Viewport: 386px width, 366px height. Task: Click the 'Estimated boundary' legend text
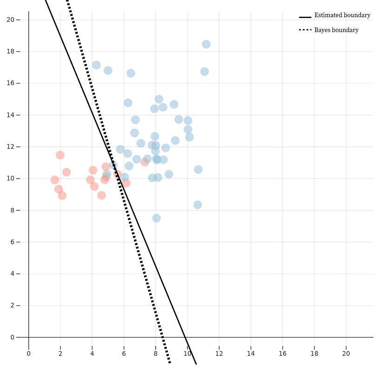342,15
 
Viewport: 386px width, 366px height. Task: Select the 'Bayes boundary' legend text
336,30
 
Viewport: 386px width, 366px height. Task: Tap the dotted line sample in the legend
305,30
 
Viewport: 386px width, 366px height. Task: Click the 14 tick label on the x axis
251,353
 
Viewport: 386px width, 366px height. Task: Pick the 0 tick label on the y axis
13,337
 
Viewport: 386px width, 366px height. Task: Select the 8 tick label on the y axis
13,210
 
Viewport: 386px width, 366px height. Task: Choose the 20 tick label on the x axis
346,353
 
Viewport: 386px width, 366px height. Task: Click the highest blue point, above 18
206,44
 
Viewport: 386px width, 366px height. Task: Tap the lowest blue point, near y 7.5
156,218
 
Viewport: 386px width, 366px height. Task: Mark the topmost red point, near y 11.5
60,155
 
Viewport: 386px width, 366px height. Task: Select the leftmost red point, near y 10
55,180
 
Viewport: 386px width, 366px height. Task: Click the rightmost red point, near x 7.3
145,162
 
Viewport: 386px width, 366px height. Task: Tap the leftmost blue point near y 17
96,65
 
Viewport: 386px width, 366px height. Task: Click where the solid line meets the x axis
186,337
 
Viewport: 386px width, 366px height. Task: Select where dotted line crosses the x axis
162,337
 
